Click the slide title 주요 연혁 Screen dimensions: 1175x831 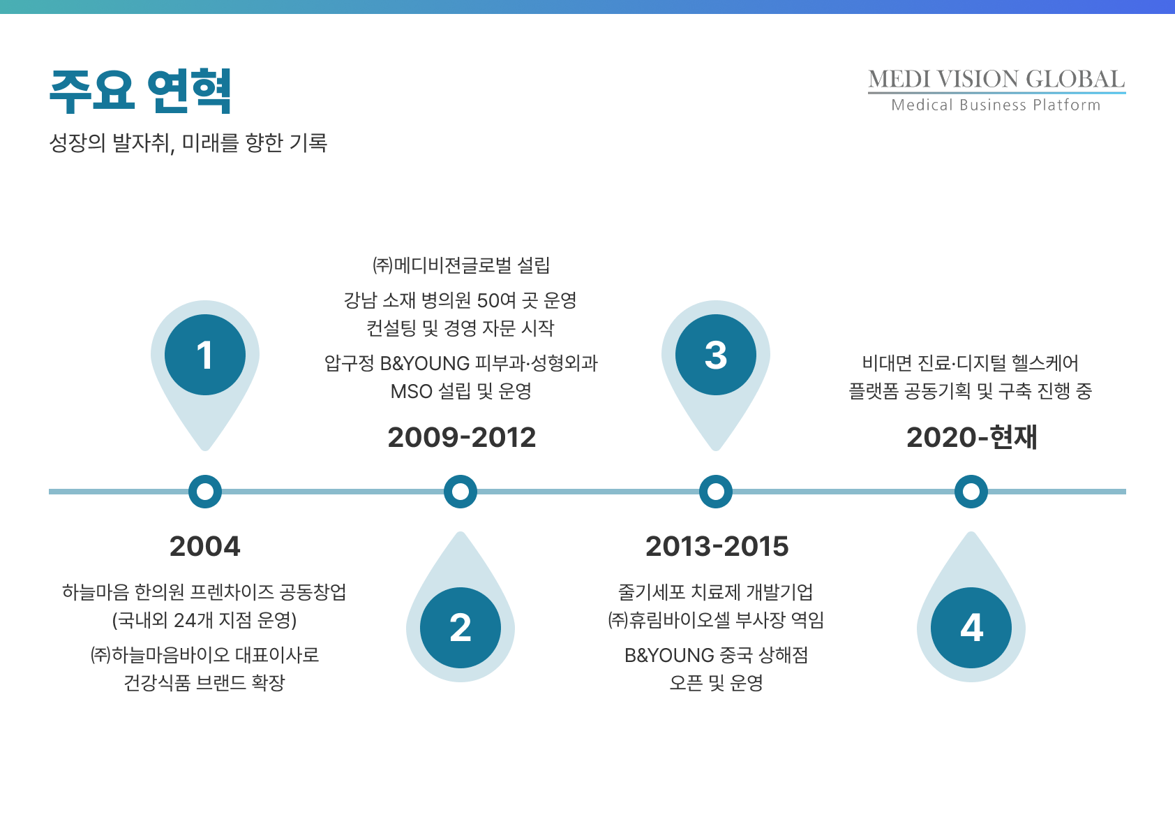(140, 91)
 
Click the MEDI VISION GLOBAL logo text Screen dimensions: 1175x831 (996, 80)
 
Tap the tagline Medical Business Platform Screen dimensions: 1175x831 (996, 105)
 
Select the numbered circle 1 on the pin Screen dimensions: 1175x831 (205, 355)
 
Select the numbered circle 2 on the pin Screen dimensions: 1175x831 (461, 628)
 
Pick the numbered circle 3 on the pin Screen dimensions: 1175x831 (716, 355)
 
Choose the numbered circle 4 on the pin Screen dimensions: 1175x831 (971, 628)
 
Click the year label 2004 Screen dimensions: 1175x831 (205, 547)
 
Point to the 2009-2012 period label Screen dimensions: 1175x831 (462, 437)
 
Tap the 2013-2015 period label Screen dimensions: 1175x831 (717, 547)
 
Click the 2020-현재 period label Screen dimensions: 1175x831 (972, 437)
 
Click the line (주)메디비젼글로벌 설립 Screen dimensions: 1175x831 (461, 265)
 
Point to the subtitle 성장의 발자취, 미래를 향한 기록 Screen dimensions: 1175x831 (188, 142)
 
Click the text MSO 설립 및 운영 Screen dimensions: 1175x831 (461, 391)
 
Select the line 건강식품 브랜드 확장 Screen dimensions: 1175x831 (204, 683)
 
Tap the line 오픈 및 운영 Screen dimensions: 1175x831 (717, 683)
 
